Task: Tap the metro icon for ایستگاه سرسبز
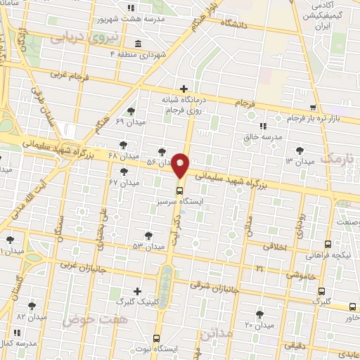pos(179,189)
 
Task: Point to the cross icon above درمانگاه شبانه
pos(184,89)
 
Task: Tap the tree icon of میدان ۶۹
pos(131,111)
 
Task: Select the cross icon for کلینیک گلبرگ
pos(137,291)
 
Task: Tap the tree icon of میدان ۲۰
pos(259,314)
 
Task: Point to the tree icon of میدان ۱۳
pos(300,150)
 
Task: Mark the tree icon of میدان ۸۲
pos(32,305)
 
